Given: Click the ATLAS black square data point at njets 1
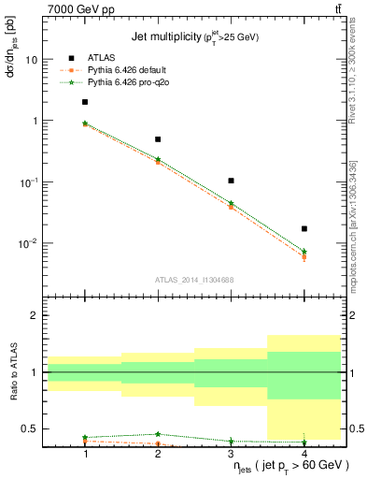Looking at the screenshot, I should pos(85,102).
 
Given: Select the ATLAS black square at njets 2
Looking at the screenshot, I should pos(158,139).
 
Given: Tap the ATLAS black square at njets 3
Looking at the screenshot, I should pos(231,181).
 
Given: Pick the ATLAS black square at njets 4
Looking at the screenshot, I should pos(303,228).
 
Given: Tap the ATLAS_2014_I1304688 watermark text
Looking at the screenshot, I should pos(194,280).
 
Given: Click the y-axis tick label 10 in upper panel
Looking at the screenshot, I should pos(31,60).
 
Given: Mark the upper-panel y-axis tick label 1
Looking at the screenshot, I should pos(35,121).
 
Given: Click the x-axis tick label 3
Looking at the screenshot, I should pos(231,453).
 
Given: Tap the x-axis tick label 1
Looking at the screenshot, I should pos(85,453).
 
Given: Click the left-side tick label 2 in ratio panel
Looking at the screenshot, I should pos(35,315).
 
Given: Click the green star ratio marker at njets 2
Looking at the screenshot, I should pos(158,434).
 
